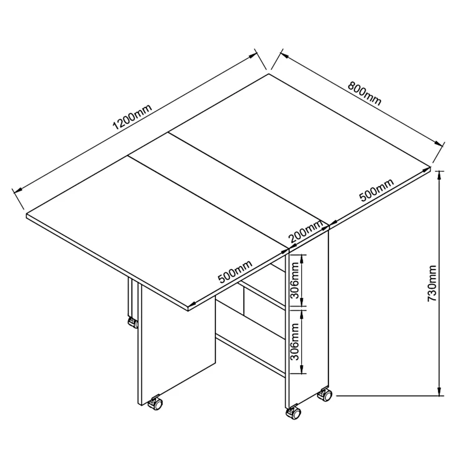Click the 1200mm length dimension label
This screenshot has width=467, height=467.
(x=132, y=116)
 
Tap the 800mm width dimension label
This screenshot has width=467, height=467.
(x=365, y=93)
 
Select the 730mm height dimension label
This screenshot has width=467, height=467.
(x=432, y=283)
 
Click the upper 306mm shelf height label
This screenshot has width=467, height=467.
(x=295, y=280)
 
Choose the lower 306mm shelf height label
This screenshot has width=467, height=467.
(x=295, y=342)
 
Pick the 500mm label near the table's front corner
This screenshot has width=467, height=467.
(x=235, y=271)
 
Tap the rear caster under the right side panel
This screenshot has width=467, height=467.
(x=325, y=395)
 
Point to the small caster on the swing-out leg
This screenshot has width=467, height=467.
(x=133, y=323)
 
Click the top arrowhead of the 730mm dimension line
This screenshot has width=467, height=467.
(x=439, y=175)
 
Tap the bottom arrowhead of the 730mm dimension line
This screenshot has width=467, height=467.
(x=439, y=392)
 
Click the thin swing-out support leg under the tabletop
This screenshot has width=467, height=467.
(x=130, y=298)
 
